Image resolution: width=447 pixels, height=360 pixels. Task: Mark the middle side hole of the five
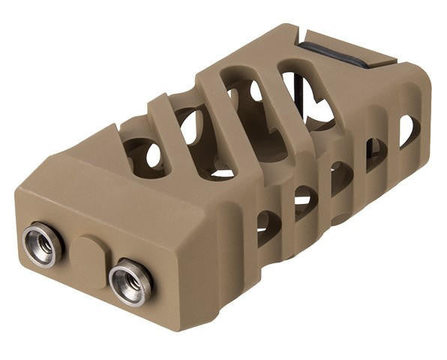click(x=341, y=177)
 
